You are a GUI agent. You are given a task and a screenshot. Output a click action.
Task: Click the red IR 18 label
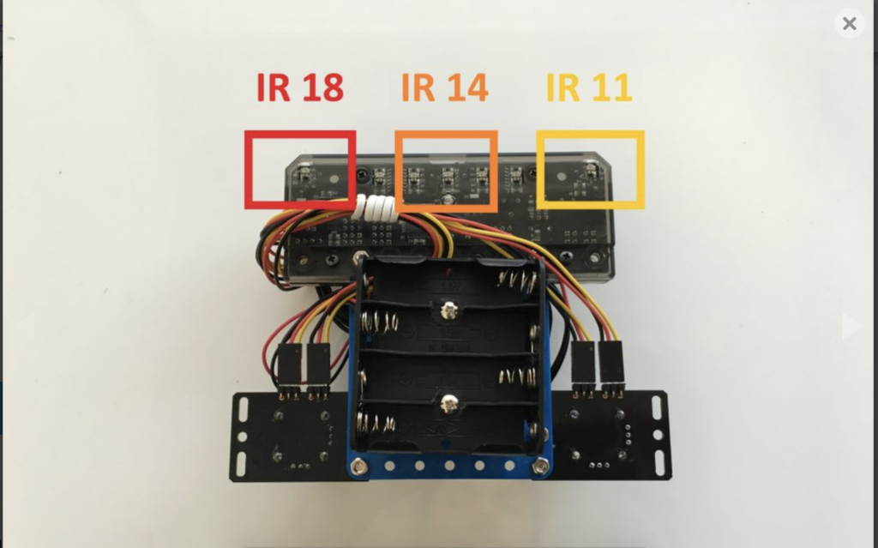point(300,87)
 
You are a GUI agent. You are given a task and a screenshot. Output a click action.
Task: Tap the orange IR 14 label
point(444,87)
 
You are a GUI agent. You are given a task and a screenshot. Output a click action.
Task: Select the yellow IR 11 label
point(589,87)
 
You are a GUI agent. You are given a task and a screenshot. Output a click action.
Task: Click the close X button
point(849,24)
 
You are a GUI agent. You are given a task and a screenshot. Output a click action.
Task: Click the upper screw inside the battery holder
point(448,310)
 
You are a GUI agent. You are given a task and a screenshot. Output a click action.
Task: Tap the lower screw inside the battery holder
point(448,403)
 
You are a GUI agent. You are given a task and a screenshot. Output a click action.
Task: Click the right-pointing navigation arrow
point(851,326)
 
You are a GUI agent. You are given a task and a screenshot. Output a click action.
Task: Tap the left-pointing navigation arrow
point(26,326)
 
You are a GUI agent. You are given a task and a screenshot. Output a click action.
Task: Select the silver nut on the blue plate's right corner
point(539,465)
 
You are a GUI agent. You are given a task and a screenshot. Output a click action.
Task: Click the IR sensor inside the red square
point(303,176)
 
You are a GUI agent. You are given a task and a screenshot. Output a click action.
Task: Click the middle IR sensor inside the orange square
point(448,177)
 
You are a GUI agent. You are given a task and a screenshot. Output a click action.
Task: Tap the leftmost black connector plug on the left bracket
point(288,365)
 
